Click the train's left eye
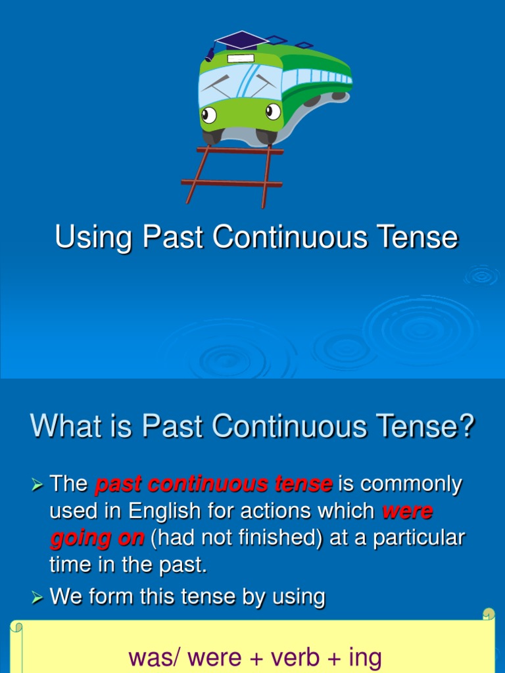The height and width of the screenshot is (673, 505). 209,116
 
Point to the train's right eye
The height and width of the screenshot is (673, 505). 273,112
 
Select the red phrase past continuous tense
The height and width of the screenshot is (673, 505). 214,484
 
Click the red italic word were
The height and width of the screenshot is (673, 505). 407,511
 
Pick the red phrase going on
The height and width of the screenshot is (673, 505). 97,538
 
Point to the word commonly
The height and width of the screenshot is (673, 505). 411,484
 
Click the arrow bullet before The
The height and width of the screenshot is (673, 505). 37,486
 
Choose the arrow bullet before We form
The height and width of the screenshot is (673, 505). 37,598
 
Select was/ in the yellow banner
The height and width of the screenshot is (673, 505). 154,657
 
